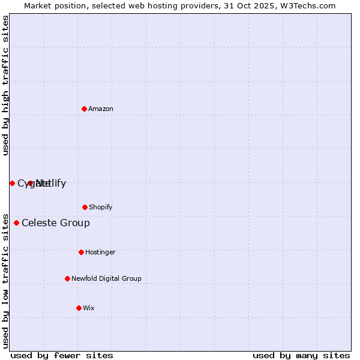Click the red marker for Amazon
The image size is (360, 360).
[x=84, y=109]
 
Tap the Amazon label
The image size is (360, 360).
[x=101, y=109]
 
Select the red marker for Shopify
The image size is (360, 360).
[x=85, y=207]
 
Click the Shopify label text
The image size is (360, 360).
[x=101, y=207]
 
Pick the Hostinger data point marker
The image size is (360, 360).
[x=81, y=252]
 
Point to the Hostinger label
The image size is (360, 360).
[x=100, y=252]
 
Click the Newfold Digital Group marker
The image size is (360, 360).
[x=67, y=278]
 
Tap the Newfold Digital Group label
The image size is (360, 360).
[x=106, y=278]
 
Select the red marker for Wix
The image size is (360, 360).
[x=79, y=308]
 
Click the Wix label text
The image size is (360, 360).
[x=89, y=308]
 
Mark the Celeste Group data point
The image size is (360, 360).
[x=16, y=223]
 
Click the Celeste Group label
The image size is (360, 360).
[x=56, y=223]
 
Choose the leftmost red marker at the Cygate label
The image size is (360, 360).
[x=12, y=183]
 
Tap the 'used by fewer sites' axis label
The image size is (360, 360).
[x=62, y=355]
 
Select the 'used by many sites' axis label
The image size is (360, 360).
[x=301, y=355]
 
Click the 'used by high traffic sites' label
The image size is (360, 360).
[x=5, y=85]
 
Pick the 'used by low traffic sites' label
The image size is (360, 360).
[x=5, y=280]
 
